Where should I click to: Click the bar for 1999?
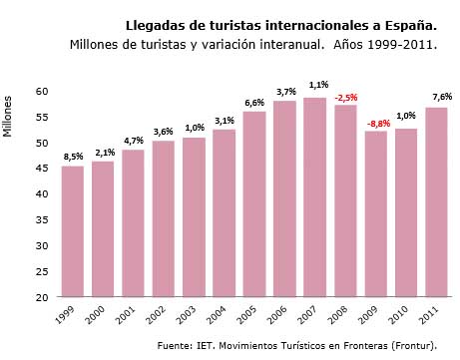click(72, 231)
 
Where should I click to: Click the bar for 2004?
click(225, 213)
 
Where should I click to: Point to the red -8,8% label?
click(377, 123)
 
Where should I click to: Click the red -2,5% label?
click(346, 97)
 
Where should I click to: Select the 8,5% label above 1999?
click(73, 157)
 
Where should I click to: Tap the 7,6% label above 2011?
click(439, 97)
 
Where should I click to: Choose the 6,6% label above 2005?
click(254, 103)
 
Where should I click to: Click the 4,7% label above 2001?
click(134, 141)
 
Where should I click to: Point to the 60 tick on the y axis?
click(41, 91)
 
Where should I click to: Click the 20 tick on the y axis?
click(41, 297)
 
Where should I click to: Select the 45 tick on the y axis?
click(41, 169)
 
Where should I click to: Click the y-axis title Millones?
click(9, 115)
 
